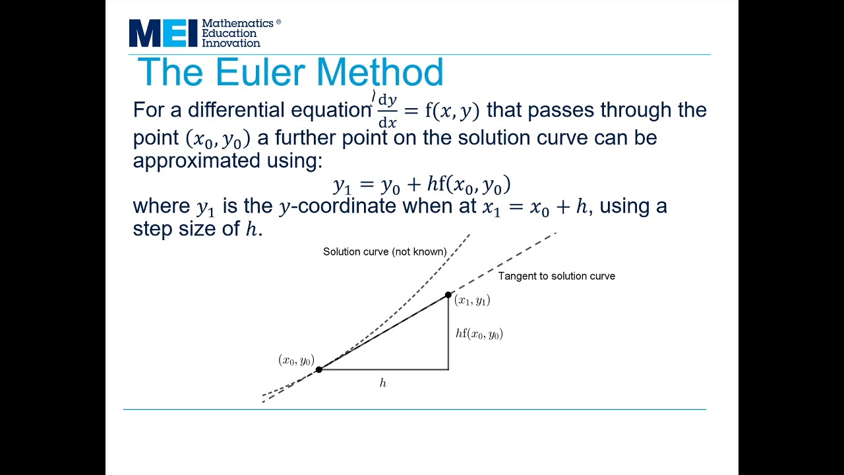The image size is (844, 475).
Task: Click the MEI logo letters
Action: pyautogui.click(x=163, y=33)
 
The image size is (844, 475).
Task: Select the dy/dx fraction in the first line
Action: pyautogui.click(x=388, y=111)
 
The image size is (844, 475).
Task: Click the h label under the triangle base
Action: pyautogui.click(x=382, y=383)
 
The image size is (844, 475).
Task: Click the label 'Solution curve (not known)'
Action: pyautogui.click(x=384, y=251)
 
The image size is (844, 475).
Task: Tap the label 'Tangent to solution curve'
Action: pyautogui.click(x=557, y=276)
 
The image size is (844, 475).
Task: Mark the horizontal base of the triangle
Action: pyautogui.click(x=382, y=369)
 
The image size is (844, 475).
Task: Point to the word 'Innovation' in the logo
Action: pyautogui.click(x=231, y=43)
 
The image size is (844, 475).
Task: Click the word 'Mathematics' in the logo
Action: pyautogui.click(x=237, y=23)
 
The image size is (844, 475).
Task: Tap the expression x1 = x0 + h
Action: pyautogui.click(x=535, y=206)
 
